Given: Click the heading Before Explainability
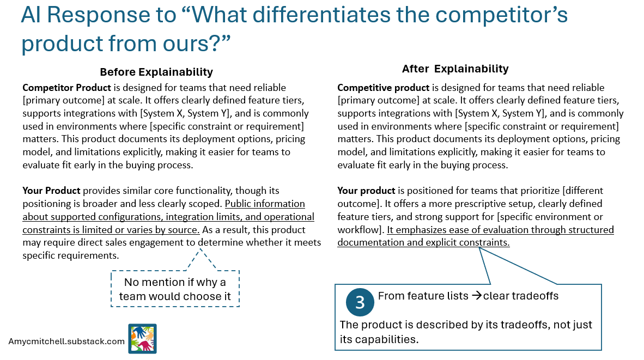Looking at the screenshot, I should pos(156,72).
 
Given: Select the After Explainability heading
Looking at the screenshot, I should pos(455,69).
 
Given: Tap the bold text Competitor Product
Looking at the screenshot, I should pos(59,88).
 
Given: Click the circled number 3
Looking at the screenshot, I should pos(360,302).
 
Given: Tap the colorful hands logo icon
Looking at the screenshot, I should pos(142,339).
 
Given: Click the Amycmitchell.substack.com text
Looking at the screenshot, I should pos(66,341).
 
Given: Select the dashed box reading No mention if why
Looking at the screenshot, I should pos(175,289).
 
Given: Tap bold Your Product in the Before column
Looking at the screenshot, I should pos(51,191).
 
